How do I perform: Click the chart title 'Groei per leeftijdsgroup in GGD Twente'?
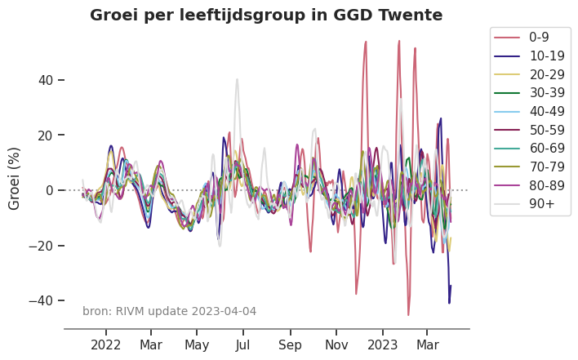click(266, 16)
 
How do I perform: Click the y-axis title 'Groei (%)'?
click(15, 179)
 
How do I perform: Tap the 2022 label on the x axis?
click(106, 344)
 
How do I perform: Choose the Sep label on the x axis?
click(290, 344)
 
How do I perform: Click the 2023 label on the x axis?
click(382, 344)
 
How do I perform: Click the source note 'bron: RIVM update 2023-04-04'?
click(169, 311)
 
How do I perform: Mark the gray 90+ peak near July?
click(237, 79)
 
